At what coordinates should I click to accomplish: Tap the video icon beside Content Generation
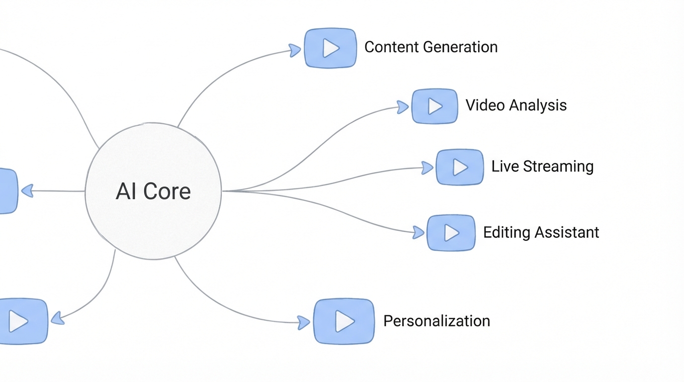click(331, 48)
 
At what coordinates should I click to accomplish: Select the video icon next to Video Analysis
click(434, 106)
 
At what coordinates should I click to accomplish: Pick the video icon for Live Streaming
click(460, 167)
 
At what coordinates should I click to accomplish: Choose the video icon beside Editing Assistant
click(451, 232)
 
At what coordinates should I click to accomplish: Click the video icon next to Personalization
click(343, 321)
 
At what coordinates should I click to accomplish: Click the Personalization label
click(436, 321)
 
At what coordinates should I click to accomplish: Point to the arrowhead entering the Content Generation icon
click(295, 50)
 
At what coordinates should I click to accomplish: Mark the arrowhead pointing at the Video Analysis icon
click(403, 107)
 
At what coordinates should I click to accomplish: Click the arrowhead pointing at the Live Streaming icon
click(427, 168)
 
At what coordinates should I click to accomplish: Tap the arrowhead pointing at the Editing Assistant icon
click(419, 232)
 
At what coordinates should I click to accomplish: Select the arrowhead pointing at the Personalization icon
click(303, 322)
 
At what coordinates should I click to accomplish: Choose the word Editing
click(505, 232)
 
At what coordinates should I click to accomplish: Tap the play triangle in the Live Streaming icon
click(460, 167)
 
